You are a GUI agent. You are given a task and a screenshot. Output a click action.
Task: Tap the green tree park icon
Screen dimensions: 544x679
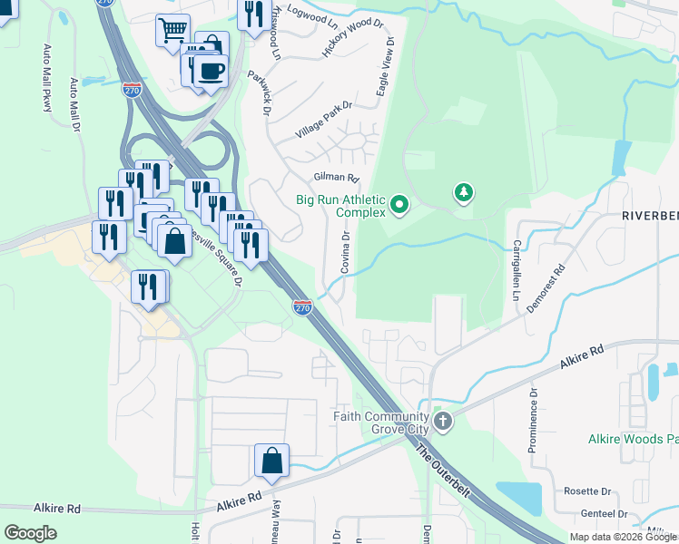pos(464,192)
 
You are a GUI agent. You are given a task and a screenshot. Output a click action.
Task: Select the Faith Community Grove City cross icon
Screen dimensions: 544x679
pos(443,421)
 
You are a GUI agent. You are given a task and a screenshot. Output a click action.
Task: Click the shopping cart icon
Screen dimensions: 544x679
pos(172,32)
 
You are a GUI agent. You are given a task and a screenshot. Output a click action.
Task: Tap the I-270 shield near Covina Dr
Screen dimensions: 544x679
pos(303,307)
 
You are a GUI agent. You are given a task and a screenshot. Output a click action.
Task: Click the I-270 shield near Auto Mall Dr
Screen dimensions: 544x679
pos(132,89)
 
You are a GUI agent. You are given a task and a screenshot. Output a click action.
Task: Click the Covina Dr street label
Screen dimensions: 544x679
pos(346,253)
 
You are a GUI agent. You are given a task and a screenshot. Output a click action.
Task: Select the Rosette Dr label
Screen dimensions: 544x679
pos(587,491)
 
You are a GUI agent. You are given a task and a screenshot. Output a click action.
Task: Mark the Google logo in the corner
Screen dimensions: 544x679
pos(31,532)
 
